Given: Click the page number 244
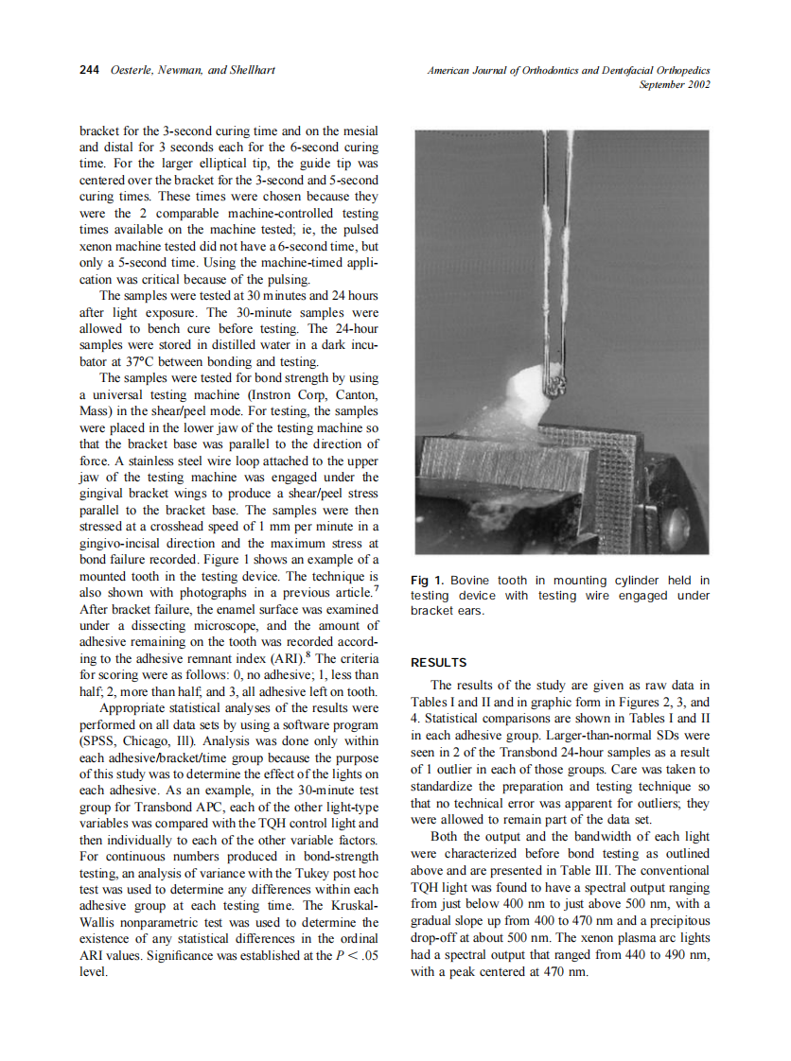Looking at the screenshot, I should [x=90, y=71].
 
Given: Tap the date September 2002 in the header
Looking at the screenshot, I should [x=674, y=84].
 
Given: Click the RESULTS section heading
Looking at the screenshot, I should [x=439, y=663].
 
